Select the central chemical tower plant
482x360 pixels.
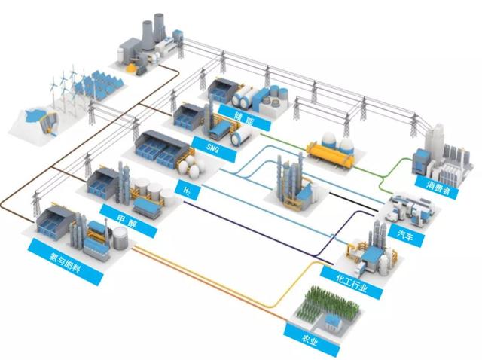290,181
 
